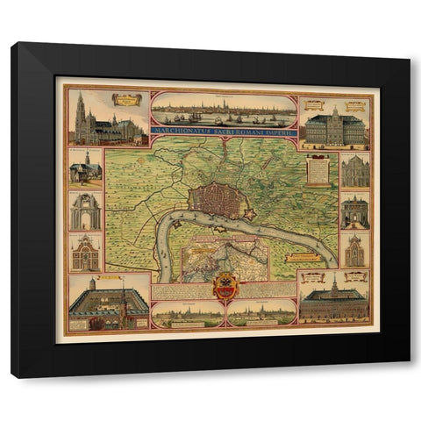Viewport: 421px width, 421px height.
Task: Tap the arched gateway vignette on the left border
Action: [x=85, y=211]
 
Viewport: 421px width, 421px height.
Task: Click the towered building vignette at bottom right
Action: [x=333, y=301]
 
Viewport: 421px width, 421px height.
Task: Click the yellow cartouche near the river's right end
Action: [x=302, y=257]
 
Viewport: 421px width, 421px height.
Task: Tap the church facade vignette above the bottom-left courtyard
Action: [x=85, y=254]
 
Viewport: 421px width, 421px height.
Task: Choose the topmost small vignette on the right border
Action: [x=355, y=170]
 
